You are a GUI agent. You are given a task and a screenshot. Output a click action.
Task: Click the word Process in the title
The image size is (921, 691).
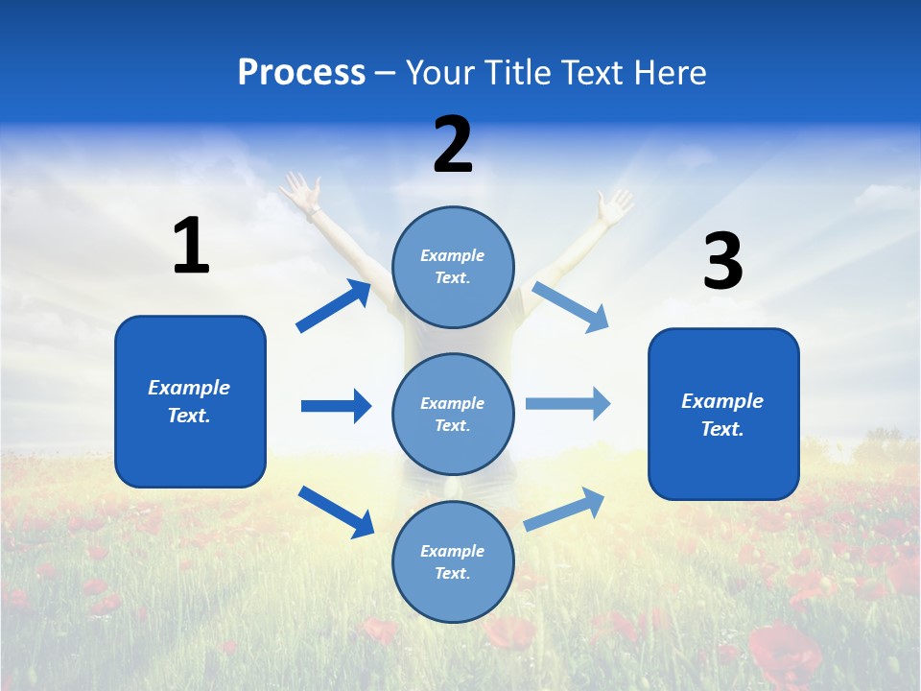pos(301,72)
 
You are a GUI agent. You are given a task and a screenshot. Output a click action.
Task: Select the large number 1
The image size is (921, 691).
pos(191,246)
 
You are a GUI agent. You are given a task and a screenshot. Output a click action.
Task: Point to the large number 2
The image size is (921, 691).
pos(453,145)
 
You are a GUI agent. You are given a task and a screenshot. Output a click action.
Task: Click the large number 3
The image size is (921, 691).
pos(722,262)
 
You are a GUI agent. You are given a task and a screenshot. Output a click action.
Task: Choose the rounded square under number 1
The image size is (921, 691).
pos(190,401)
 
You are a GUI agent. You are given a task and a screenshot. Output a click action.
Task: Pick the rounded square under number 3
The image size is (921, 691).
pos(723,414)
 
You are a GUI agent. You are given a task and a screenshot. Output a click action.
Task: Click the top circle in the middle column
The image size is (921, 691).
pos(453,267)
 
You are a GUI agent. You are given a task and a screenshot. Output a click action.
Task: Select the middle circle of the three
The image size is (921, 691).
pos(453,414)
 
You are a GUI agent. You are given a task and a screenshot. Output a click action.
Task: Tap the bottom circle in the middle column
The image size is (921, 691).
pos(453,561)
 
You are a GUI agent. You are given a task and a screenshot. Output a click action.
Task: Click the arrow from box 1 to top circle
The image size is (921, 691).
pos(334,306)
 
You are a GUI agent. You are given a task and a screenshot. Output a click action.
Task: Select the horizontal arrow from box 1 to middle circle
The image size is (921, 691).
pos(336,406)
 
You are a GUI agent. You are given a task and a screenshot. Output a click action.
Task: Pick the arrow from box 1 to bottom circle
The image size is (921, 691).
pos(336,511)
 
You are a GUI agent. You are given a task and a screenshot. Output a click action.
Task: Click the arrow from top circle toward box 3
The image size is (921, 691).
pos(570,306)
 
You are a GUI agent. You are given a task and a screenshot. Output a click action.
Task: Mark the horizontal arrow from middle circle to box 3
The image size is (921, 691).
pos(568,403)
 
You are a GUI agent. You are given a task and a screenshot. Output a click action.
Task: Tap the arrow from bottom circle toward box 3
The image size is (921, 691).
pos(564,509)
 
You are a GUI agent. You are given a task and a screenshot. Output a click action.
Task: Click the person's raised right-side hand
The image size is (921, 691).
pos(614,205)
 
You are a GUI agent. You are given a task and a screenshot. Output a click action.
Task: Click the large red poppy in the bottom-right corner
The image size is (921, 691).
pos(782,653)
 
